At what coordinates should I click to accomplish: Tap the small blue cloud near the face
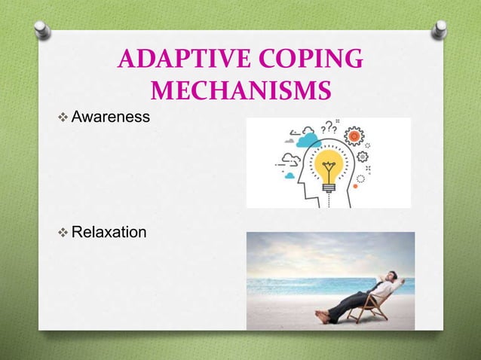[290, 175]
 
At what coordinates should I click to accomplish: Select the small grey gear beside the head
[362, 157]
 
